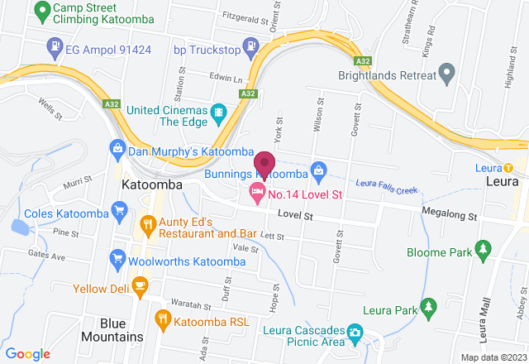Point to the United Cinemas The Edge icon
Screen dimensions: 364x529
(218, 111)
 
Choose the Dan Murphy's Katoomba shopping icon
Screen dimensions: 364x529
(117, 150)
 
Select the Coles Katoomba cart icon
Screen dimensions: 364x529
(120, 213)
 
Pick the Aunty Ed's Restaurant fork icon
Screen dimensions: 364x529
(148, 223)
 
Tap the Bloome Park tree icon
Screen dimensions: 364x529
(484, 248)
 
